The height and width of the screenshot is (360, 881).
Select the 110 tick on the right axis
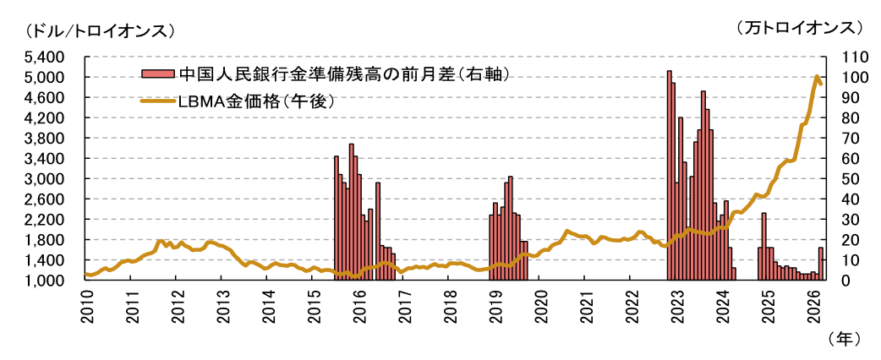[x=846, y=57]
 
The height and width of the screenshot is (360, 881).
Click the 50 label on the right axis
[x=846, y=179]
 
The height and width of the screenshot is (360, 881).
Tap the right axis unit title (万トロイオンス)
[x=799, y=29]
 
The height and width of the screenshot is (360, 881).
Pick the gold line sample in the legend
[x=157, y=101]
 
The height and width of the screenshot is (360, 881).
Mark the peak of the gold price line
[x=817, y=77]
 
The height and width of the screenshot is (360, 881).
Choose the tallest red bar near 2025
[x=764, y=245]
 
